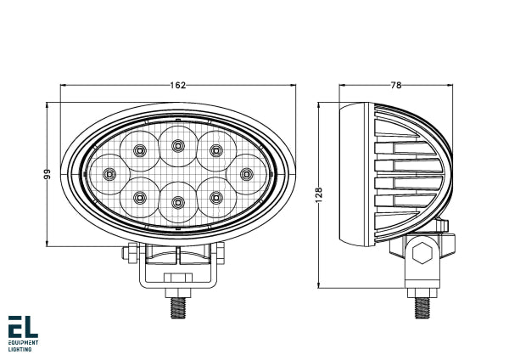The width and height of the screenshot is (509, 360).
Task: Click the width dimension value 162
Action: pos(177,85)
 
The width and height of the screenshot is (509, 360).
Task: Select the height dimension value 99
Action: pos(48,174)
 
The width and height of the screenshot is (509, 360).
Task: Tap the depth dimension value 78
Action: pos(395,85)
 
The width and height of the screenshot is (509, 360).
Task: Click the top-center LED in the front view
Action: pos(177,145)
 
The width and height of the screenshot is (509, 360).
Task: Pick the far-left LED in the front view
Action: pos(109,174)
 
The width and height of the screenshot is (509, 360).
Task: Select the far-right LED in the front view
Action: pos(246,174)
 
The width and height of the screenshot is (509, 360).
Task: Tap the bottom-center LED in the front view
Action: pos(177,201)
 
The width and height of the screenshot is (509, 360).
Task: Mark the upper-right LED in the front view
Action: pos(215,150)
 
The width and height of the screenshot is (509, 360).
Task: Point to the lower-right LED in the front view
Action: pos(215,198)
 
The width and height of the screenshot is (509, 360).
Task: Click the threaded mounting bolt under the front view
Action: pos(178,306)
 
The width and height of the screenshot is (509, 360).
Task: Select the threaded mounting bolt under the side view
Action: pos(422,303)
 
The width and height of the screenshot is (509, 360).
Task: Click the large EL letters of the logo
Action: pos(23,328)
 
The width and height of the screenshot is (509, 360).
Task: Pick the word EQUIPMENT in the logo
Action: pos(25,343)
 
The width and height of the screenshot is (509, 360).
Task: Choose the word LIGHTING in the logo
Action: pos(20,350)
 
